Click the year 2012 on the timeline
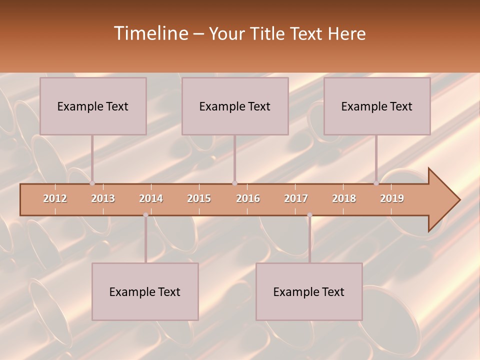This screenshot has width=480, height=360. point(55,198)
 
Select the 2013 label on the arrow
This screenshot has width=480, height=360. point(103,198)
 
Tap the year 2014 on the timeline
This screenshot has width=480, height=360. point(151,198)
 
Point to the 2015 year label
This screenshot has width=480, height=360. point(199,198)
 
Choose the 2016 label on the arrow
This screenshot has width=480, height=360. point(248,198)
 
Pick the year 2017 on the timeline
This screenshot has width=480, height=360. point(296,198)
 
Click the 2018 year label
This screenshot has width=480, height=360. point(344,198)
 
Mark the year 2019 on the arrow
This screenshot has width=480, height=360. point(392,198)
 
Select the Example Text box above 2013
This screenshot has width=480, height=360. point(93,106)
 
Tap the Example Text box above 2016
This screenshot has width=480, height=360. point(235,106)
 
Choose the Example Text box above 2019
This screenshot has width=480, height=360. point(377,106)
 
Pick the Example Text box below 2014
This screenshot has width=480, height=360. point(145,291)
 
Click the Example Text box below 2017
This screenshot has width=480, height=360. point(309,291)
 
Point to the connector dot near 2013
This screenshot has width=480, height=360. point(92,183)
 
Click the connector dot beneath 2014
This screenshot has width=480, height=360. point(145,215)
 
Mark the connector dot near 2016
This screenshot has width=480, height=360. point(234,183)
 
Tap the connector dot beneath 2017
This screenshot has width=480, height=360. point(309,215)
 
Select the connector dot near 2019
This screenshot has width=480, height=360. point(376,183)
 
